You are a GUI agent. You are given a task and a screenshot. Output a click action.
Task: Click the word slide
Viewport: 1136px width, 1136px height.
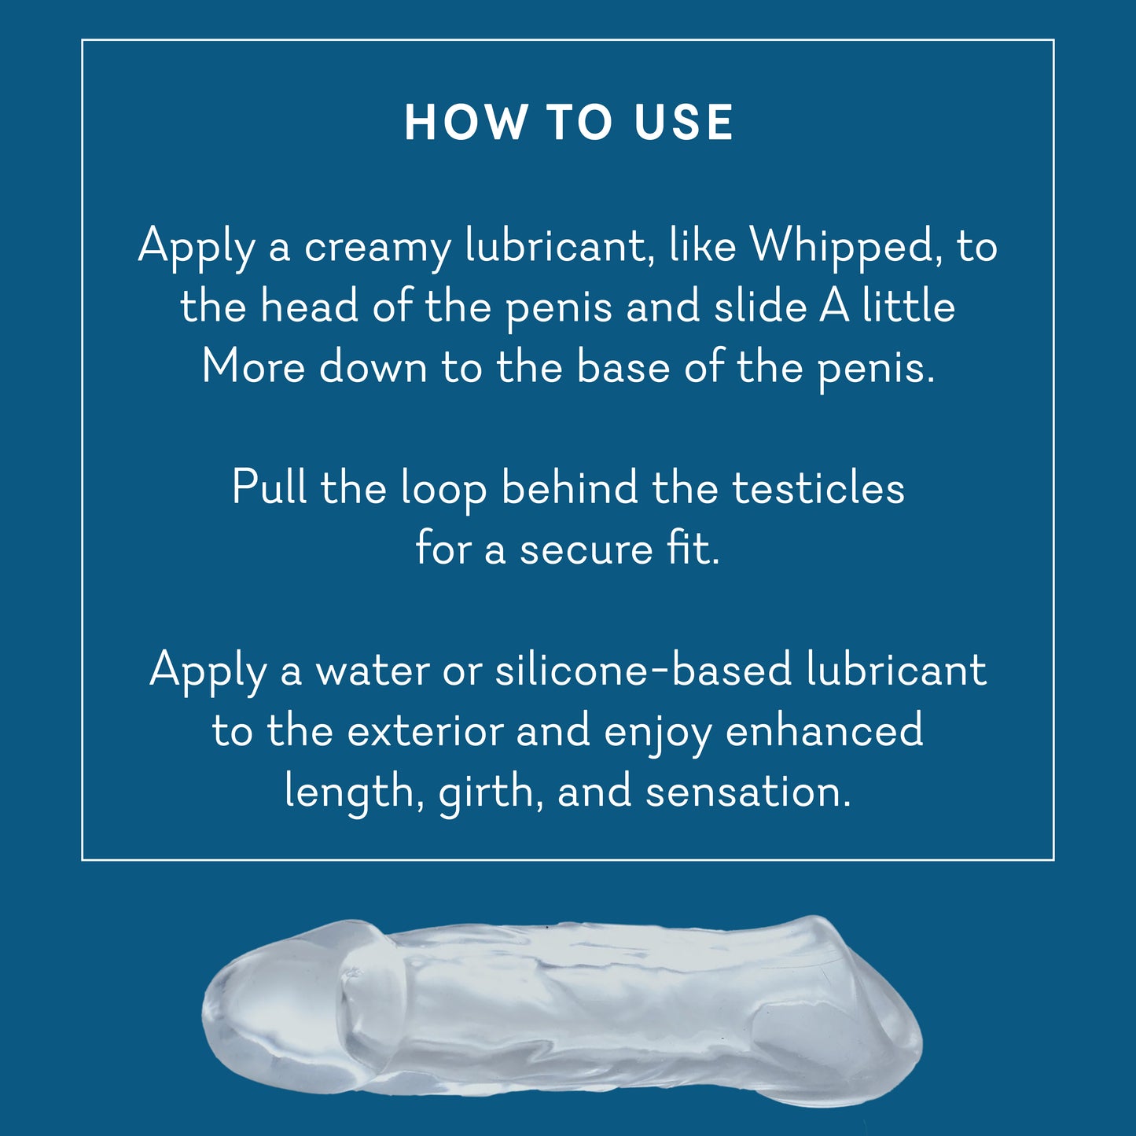coord(760,307)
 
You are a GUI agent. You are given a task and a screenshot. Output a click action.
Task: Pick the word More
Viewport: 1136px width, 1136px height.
coord(253,366)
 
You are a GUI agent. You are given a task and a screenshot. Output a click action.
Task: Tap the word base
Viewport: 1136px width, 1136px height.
coord(623,366)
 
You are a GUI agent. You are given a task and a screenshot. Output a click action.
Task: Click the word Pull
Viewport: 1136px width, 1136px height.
coord(269,487)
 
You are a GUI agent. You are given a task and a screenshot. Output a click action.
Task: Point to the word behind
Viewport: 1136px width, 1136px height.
coord(569,487)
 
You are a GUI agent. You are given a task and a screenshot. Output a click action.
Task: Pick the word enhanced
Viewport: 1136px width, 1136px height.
coord(824,729)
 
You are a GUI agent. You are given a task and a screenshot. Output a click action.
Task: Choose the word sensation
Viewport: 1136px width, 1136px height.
coord(748,791)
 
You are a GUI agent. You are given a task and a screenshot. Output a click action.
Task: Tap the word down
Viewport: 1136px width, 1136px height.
coord(373,366)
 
